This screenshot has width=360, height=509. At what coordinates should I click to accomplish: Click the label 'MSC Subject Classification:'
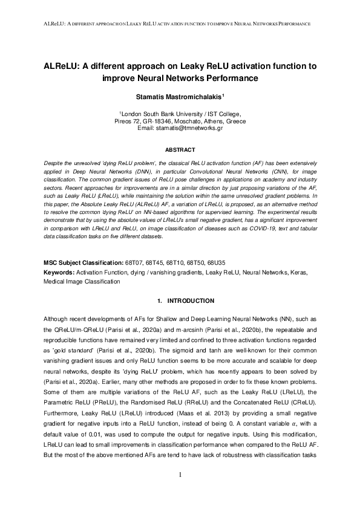pos(82,264)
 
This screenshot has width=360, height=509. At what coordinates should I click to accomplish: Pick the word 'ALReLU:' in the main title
pos(64,65)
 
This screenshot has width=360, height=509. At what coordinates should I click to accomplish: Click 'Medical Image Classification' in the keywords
pos(82,282)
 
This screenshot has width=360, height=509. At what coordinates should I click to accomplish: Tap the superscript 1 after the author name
pos(224,94)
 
